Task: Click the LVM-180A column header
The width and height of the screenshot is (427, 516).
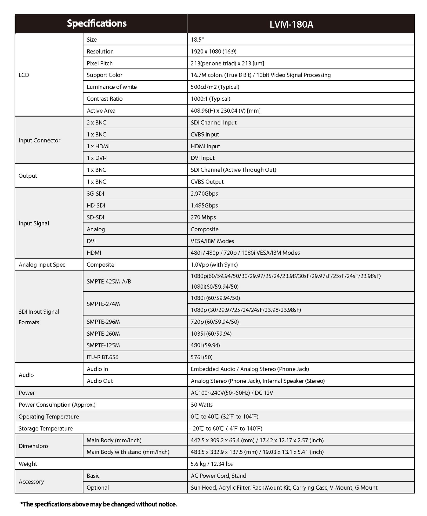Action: point(291,24)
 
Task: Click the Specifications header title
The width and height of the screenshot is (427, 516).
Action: point(97,23)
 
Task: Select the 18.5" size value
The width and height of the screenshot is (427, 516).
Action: point(197,40)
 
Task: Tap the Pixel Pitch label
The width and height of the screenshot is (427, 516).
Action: point(100,63)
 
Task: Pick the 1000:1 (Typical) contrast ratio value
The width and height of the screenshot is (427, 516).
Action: point(210,99)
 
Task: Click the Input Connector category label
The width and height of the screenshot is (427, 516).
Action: point(39,140)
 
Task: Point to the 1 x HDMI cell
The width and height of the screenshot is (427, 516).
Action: point(98,146)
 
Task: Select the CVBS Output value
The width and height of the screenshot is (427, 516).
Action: point(207,182)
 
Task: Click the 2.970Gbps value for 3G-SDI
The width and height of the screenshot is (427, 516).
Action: point(204,194)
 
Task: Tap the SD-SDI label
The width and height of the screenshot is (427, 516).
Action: point(95,217)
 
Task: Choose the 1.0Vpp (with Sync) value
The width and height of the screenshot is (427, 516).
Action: point(214,265)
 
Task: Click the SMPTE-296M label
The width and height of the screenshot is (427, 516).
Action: point(103,322)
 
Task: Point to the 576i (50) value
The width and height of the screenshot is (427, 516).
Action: point(201,357)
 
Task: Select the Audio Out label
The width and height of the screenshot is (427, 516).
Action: point(100,381)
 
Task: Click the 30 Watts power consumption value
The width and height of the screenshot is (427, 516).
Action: point(201,405)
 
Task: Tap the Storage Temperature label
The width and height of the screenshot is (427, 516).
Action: point(45,428)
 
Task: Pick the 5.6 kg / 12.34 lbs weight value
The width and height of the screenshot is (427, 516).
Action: point(212,464)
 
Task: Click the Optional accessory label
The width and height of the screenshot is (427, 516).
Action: point(97,488)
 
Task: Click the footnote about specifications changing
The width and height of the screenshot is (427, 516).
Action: point(99,504)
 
